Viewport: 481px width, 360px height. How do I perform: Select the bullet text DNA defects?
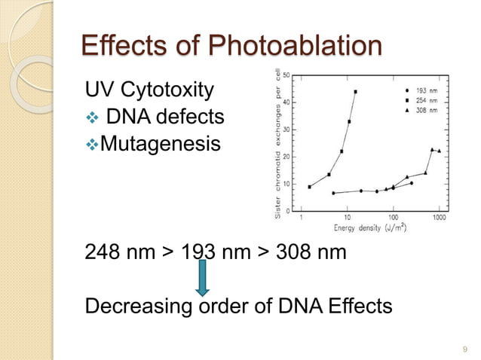165,117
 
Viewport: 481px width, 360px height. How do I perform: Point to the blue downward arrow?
203,277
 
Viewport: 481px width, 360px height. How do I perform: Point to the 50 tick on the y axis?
291,75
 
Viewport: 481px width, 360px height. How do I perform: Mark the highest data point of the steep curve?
355,92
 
